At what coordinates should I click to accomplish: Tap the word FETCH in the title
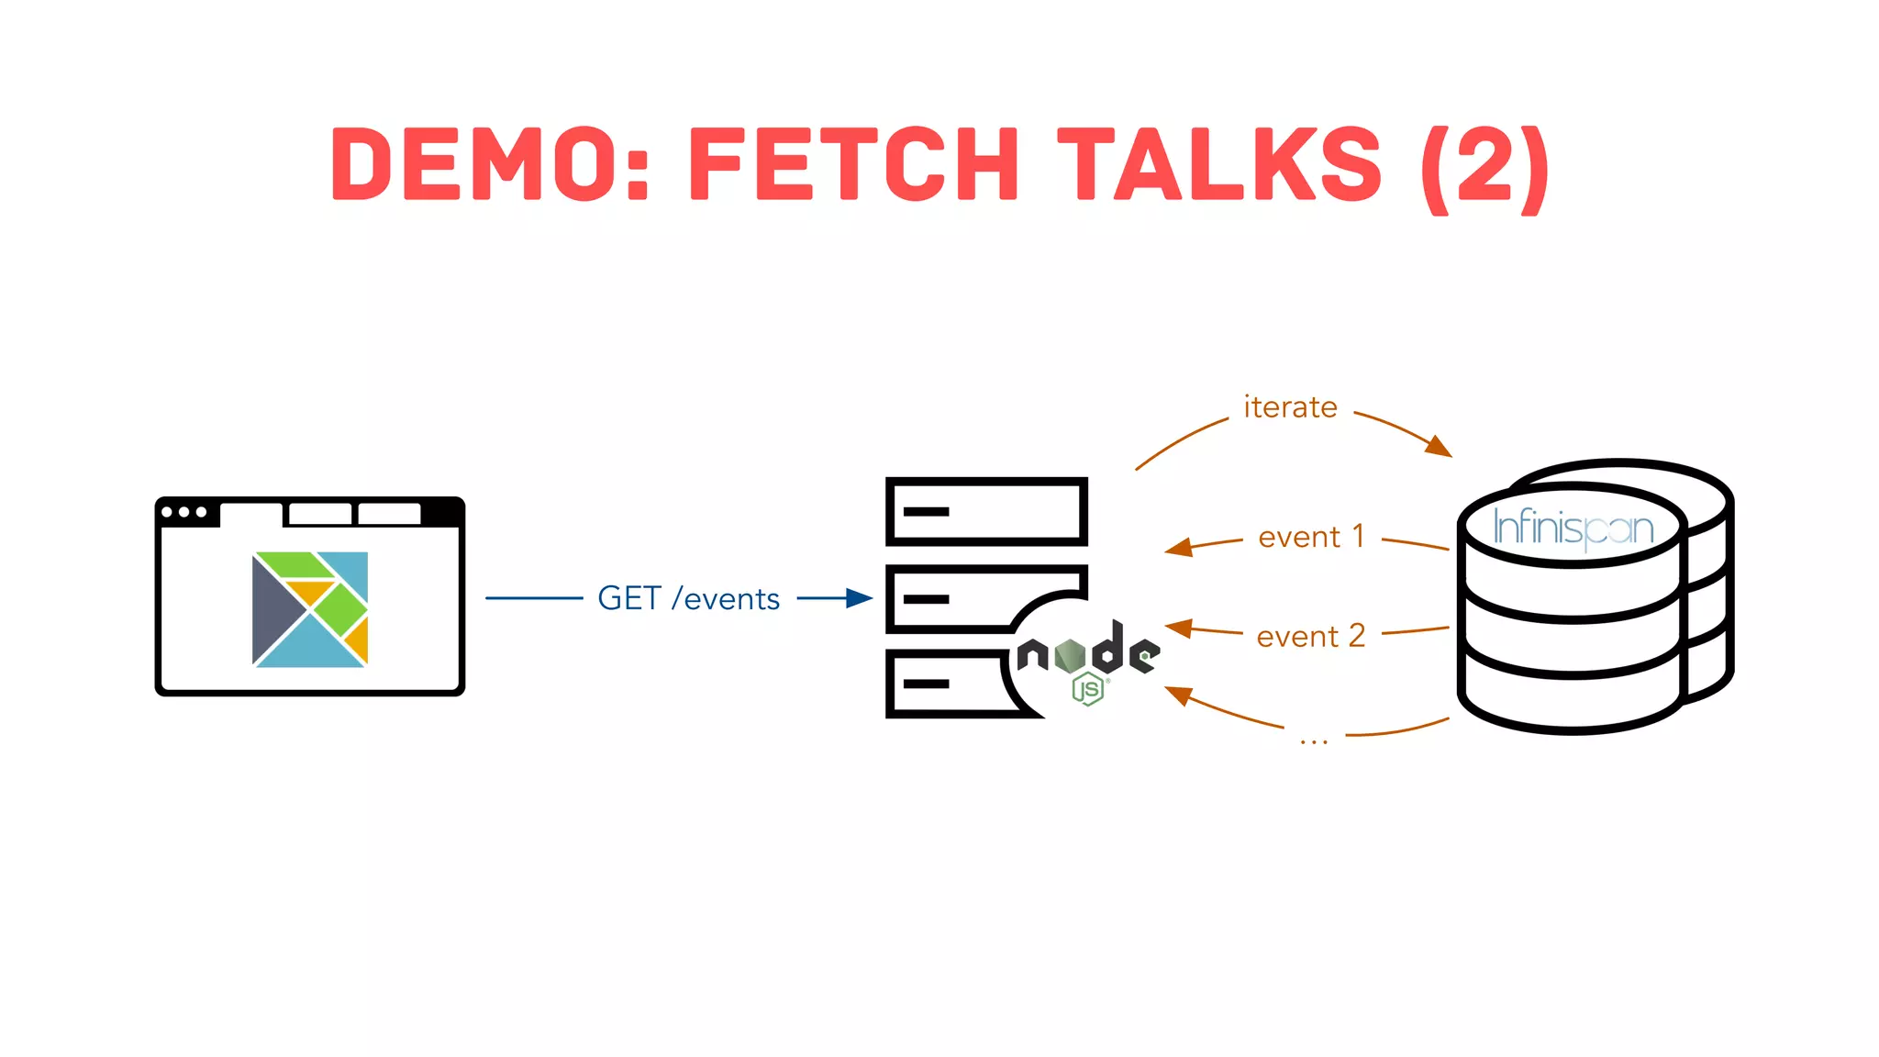point(852,164)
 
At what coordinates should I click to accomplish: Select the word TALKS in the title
point(1219,164)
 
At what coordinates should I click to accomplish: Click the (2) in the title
point(1484,167)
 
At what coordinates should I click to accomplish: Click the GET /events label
point(688,599)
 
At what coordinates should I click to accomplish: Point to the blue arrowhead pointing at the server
point(860,598)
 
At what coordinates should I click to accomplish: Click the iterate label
point(1290,407)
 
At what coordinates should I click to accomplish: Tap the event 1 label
point(1311,537)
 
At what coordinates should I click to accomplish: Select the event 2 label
point(1311,637)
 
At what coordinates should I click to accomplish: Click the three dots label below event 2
point(1314,740)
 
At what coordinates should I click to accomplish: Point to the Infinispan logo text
point(1573,528)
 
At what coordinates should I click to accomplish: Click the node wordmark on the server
point(1089,651)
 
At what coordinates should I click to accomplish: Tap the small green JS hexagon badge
point(1088,689)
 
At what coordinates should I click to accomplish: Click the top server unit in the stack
point(986,511)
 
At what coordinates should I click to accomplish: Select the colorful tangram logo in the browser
point(310,609)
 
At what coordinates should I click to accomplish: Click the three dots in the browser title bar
point(183,512)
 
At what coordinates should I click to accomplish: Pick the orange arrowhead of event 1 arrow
point(1178,548)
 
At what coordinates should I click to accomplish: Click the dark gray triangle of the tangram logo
point(272,609)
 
